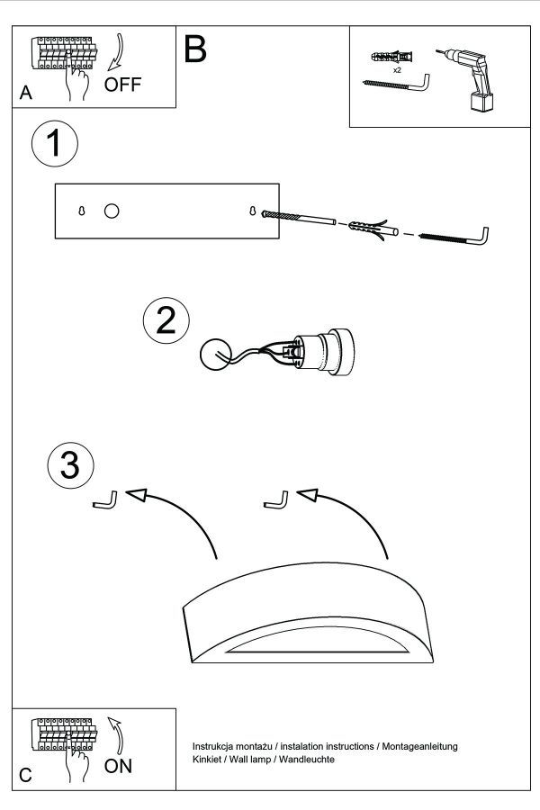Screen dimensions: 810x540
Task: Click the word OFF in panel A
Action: [x=123, y=86]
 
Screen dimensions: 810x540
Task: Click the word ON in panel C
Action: [x=120, y=767]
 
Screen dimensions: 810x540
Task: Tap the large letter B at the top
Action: [x=194, y=49]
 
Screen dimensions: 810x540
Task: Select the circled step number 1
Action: [x=54, y=144]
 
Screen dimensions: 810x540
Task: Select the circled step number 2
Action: [x=166, y=321]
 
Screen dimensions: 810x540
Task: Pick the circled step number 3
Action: [x=70, y=465]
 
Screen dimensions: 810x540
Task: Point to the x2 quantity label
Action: [x=397, y=68]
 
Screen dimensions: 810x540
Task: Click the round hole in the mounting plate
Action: [x=112, y=211]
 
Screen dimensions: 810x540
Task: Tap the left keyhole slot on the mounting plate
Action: [x=81, y=211]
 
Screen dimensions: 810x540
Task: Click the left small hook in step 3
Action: [x=106, y=500]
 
